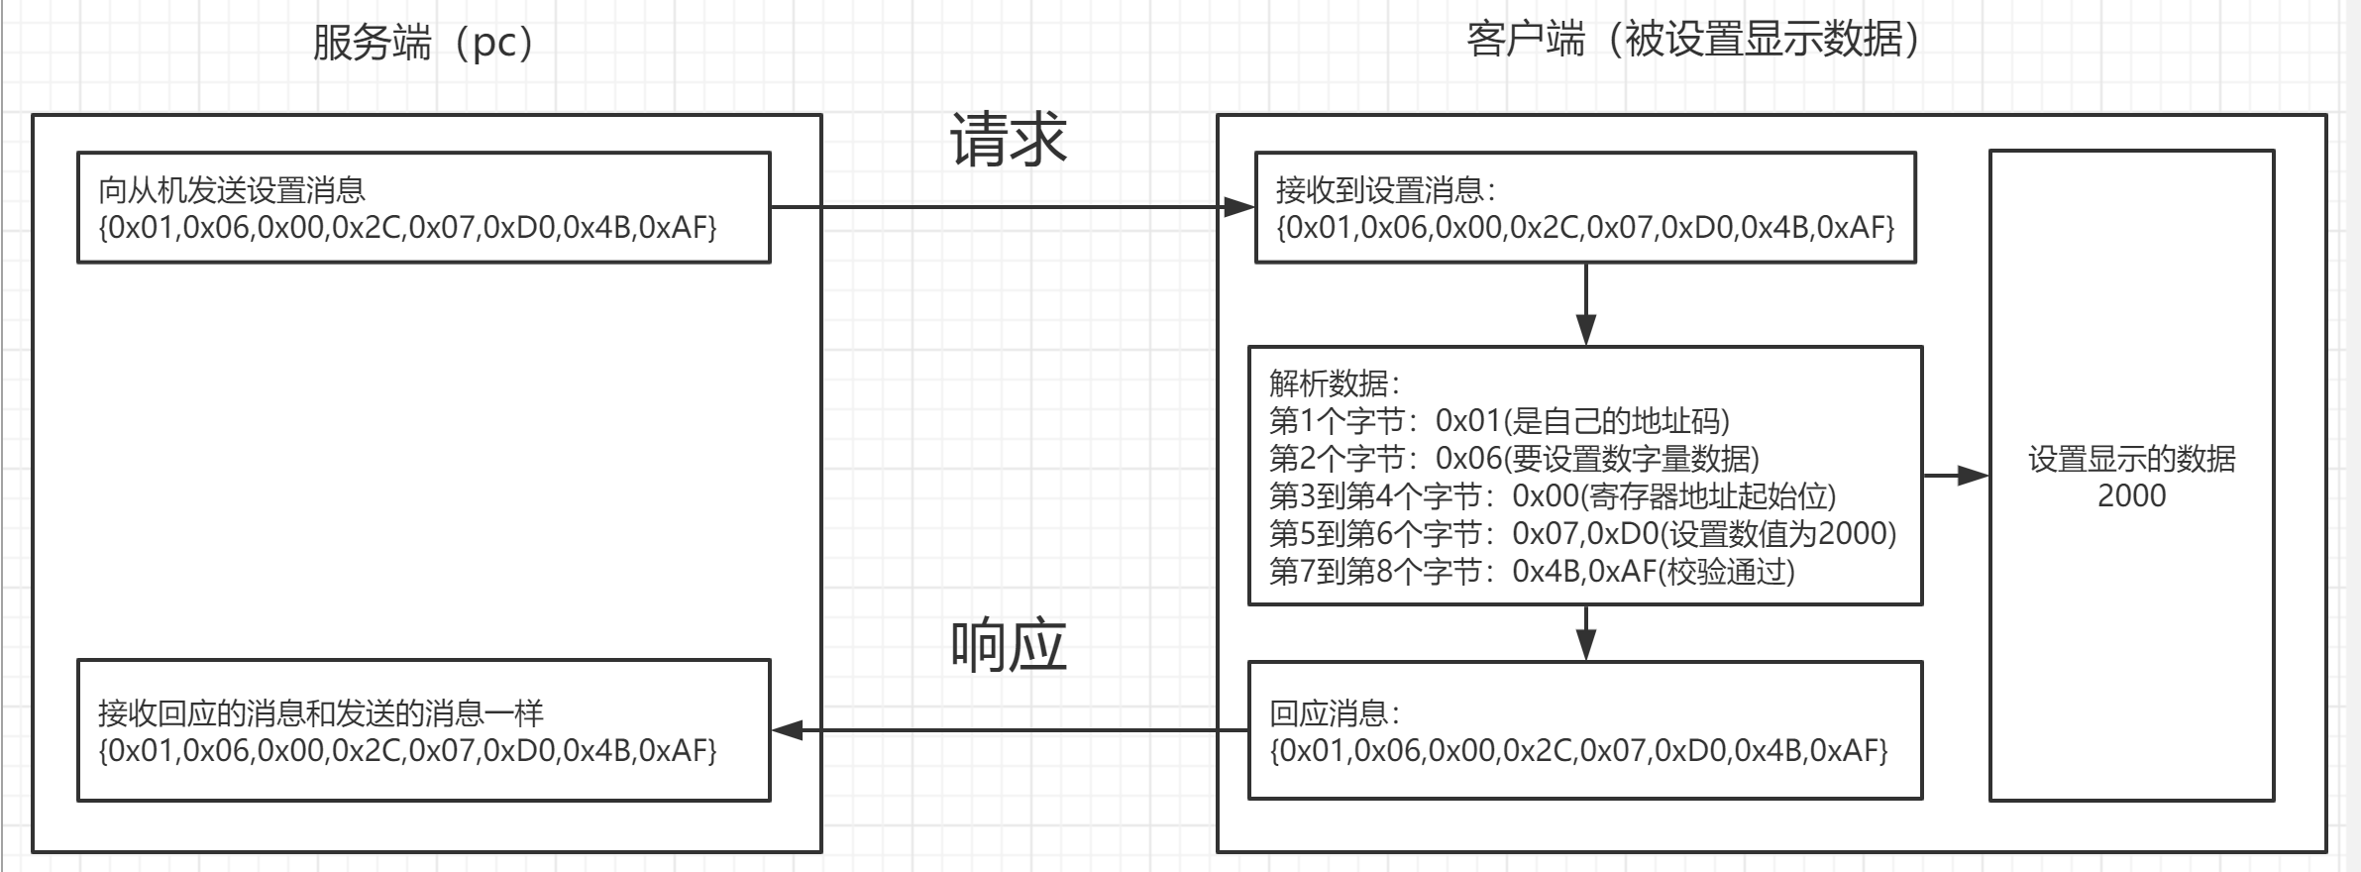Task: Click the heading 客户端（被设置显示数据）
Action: tap(1693, 40)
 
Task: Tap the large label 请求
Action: tap(1008, 139)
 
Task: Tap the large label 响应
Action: tap(1008, 646)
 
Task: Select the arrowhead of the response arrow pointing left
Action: tap(787, 731)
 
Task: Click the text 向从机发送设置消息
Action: tap(232, 189)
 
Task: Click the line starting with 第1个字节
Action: tap(1499, 421)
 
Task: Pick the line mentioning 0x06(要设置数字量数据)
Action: tap(1514, 459)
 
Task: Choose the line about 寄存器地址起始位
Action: tap(1553, 496)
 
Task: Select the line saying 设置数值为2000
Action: tap(1582, 534)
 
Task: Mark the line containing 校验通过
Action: tap(1532, 572)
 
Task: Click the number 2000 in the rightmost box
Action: tap(2131, 495)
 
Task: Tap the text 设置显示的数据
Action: tap(2131, 459)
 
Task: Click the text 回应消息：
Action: tap(1335, 712)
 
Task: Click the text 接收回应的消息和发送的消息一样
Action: tap(321, 712)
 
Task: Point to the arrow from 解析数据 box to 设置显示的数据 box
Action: tap(1956, 477)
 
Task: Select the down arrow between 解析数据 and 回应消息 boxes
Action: tap(1586, 632)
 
